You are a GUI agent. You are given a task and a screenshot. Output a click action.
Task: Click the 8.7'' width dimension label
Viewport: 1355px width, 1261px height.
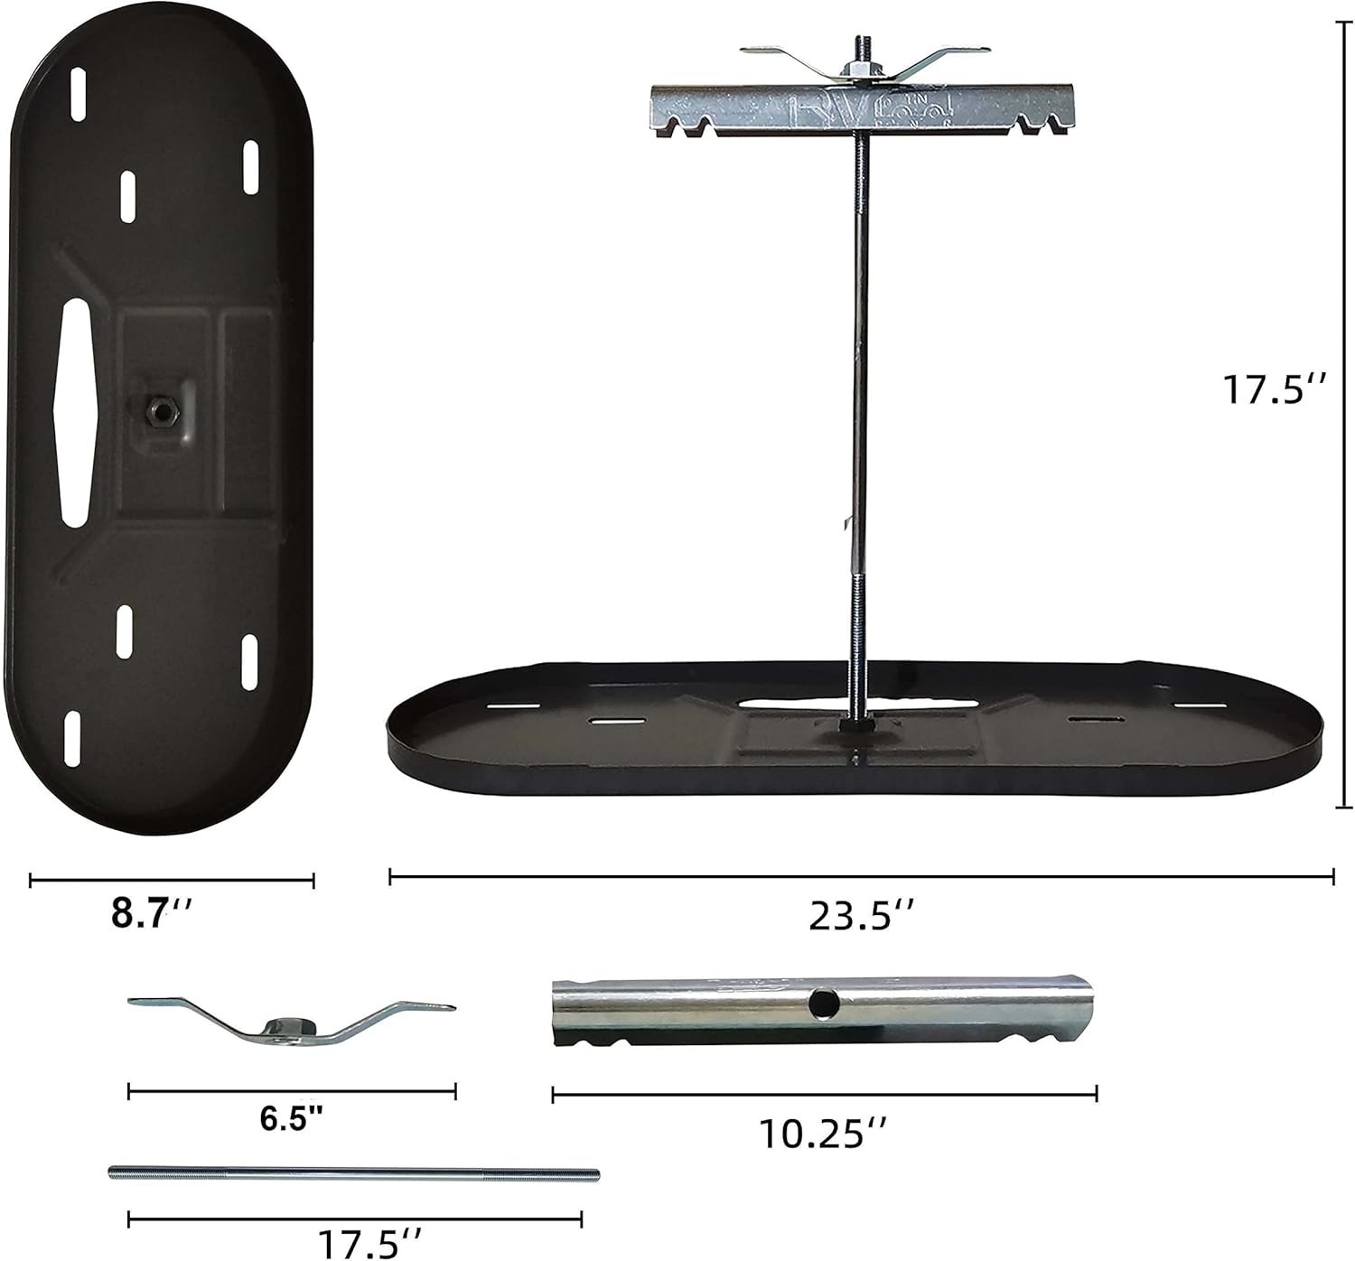tap(152, 913)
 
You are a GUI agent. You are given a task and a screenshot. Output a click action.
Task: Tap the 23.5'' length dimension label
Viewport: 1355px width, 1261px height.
tap(861, 916)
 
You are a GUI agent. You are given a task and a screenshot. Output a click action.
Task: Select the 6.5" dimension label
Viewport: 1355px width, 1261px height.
tap(292, 1117)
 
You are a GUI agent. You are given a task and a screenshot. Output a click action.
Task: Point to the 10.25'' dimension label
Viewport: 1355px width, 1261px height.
tap(823, 1134)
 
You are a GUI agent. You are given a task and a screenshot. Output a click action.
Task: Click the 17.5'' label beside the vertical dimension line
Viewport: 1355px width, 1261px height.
tap(1273, 390)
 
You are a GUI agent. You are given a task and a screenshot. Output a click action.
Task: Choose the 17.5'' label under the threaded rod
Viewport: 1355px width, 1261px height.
tap(369, 1243)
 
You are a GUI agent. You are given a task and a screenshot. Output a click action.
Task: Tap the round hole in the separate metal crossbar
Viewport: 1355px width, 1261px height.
tap(824, 1003)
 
